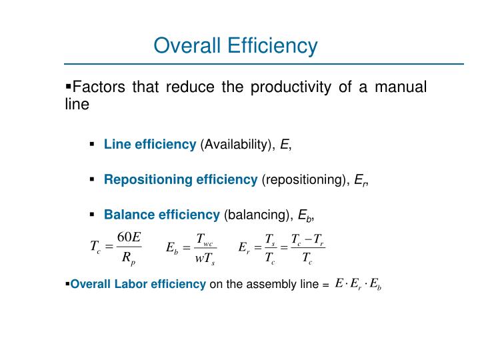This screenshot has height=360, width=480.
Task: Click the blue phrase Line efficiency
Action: click(x=149, y=145)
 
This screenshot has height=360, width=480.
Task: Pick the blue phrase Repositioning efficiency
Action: click(x=180, y=179)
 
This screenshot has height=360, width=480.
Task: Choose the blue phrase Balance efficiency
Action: click(x=161, y=214)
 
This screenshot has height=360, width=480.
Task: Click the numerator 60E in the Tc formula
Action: click(x=128, y=237)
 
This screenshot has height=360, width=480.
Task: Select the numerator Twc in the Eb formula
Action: click(x=204, y=239)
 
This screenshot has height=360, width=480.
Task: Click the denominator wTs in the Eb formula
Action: click(x=205, y=259)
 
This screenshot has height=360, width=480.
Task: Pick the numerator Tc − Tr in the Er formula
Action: click(x=307, y=239)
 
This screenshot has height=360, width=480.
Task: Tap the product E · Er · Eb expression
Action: click(x=358, y=283)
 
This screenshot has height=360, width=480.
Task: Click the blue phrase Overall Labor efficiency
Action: click(x=138, y=285)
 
